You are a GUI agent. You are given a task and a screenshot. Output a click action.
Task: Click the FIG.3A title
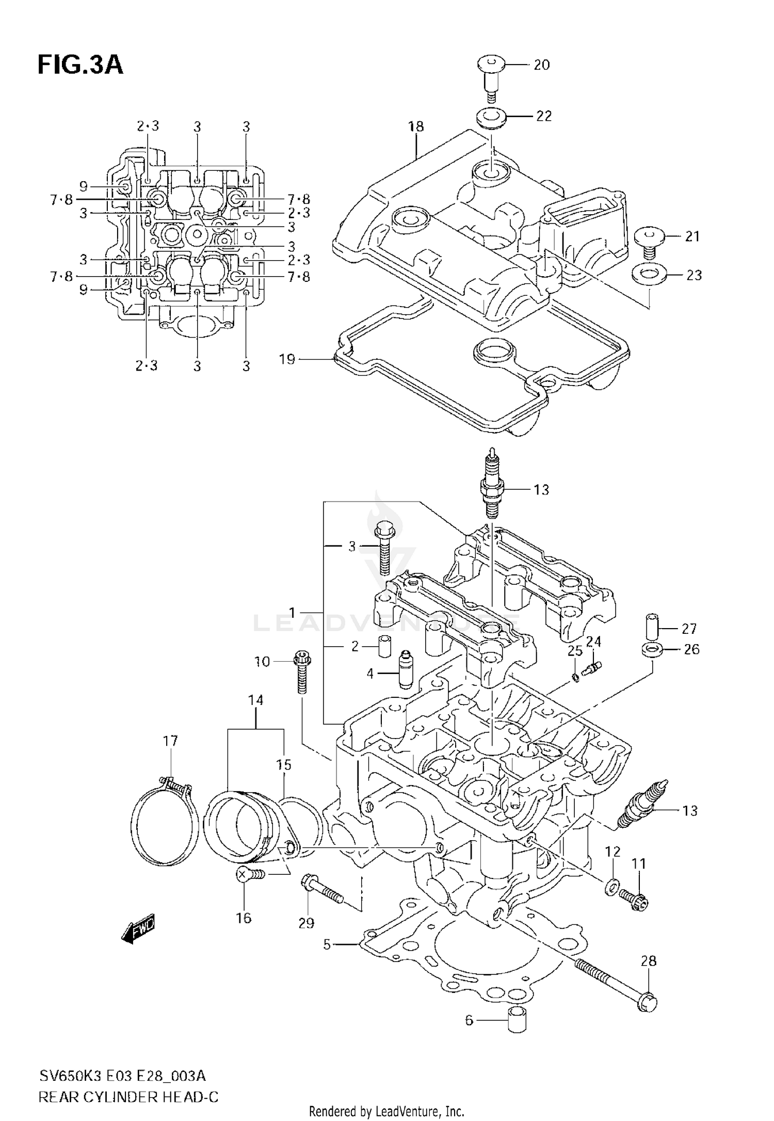point(80,66)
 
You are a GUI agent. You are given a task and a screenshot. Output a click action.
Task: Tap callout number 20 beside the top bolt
point(541,65)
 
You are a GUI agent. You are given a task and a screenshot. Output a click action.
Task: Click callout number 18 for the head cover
point(416,126)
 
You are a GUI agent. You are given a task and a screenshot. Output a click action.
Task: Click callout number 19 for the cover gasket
point(287,359)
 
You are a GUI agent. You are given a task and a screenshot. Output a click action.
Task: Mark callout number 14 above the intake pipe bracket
point(255,700)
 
